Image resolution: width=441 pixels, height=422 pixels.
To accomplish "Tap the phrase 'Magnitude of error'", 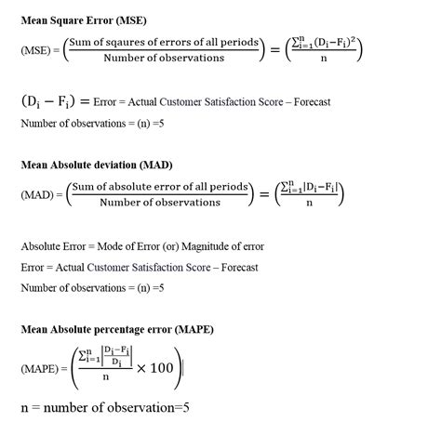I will coord(224,246).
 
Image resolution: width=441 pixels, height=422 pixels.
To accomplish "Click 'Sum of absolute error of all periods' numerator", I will coord(159,187).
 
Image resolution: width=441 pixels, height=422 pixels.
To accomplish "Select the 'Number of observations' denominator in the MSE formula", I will coord(164,58).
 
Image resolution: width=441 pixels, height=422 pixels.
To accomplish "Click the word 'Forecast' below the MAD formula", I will coord(237,268).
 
